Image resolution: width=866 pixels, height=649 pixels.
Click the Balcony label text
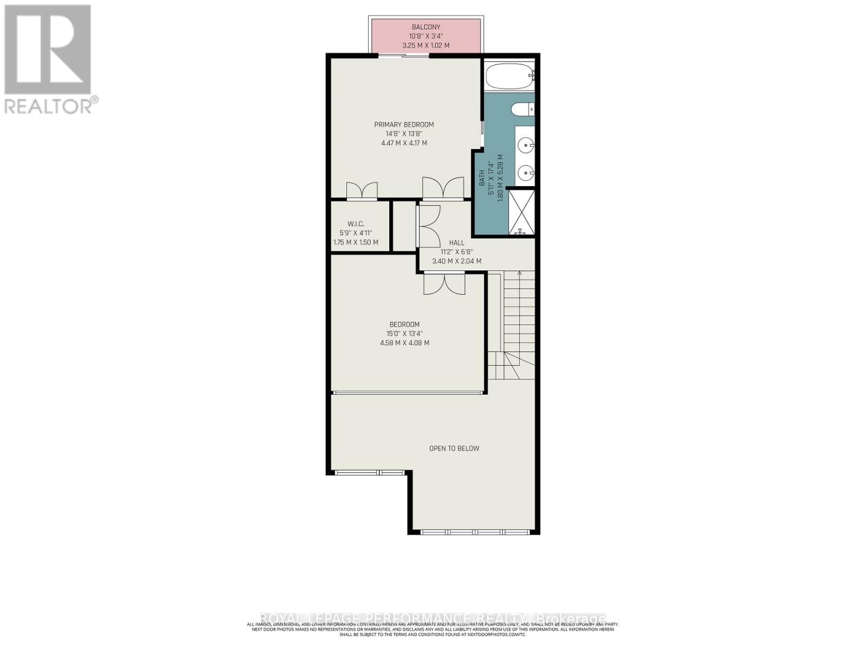pos(426,27)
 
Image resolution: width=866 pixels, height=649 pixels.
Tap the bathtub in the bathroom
pos(509,76)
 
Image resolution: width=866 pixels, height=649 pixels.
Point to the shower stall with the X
pos(521,212)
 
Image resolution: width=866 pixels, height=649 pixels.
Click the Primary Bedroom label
pos(404,124)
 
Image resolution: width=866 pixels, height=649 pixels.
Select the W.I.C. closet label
pos(355,224)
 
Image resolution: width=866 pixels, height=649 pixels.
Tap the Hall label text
pos(456,243)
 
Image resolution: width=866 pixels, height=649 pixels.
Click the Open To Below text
pos(454,448)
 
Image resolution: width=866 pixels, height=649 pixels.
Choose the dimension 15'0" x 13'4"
pos(404,334)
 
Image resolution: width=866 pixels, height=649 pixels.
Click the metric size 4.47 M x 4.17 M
pos(404,143)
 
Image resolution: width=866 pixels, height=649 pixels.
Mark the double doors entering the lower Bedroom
pos(444,284)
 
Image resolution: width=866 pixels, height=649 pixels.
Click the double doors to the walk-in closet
pos(362,190)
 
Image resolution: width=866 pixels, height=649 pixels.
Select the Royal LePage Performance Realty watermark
pos(433,618)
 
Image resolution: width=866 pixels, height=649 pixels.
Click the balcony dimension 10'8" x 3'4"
pos(426,36)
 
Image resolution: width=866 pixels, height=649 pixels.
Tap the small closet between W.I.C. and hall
pos(403,226)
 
